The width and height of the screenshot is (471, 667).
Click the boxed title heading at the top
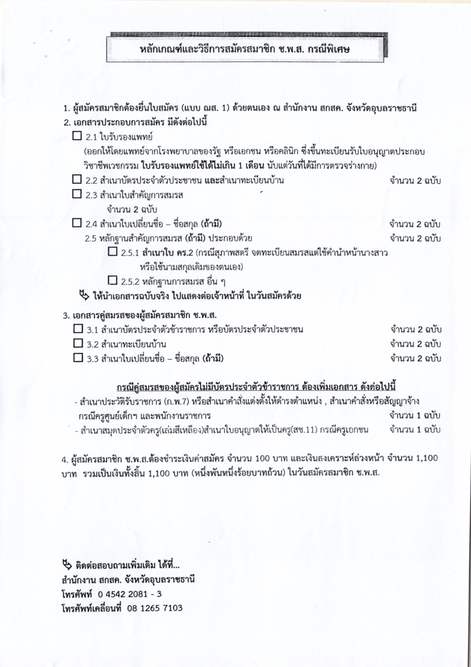[248, 49]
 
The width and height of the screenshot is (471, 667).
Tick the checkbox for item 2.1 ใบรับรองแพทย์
[77, 137]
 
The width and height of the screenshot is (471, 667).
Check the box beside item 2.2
[77, 180]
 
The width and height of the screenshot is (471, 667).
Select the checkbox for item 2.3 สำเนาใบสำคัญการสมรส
[77, 194]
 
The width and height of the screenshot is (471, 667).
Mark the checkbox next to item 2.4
[77, 223]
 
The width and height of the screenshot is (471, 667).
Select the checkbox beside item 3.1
[77, 330]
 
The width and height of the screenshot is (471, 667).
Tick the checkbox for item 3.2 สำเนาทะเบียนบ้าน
[77, 343]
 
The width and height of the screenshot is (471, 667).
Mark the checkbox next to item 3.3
[77, 358]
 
